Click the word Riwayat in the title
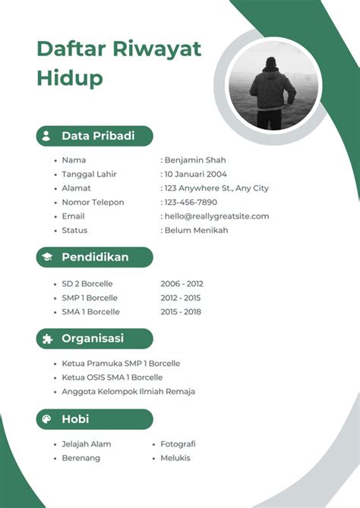(x=157, y=49)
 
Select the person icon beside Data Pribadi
(x=46, y=136)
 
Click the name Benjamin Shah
(x=195, y=160)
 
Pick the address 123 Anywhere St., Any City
(x=216, y=188)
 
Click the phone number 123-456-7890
(x=191, y=202)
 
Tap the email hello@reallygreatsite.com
(x=216, y=216)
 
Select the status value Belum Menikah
(x=196, y=230)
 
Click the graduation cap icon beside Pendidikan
(x=46, y=257)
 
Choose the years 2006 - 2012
(x=182, y=284)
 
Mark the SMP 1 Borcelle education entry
(x=90, y=298)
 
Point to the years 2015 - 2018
(x=182, y=311)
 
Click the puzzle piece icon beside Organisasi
(x=46, y=339)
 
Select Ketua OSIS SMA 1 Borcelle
(x=112, y=377)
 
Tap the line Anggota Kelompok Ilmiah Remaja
(x=128, y=391)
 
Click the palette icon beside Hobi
(x=46, y=419)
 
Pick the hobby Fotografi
(x=178, y=443)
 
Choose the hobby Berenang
(x=81, y=458)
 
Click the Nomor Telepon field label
(x=93, y=202)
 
